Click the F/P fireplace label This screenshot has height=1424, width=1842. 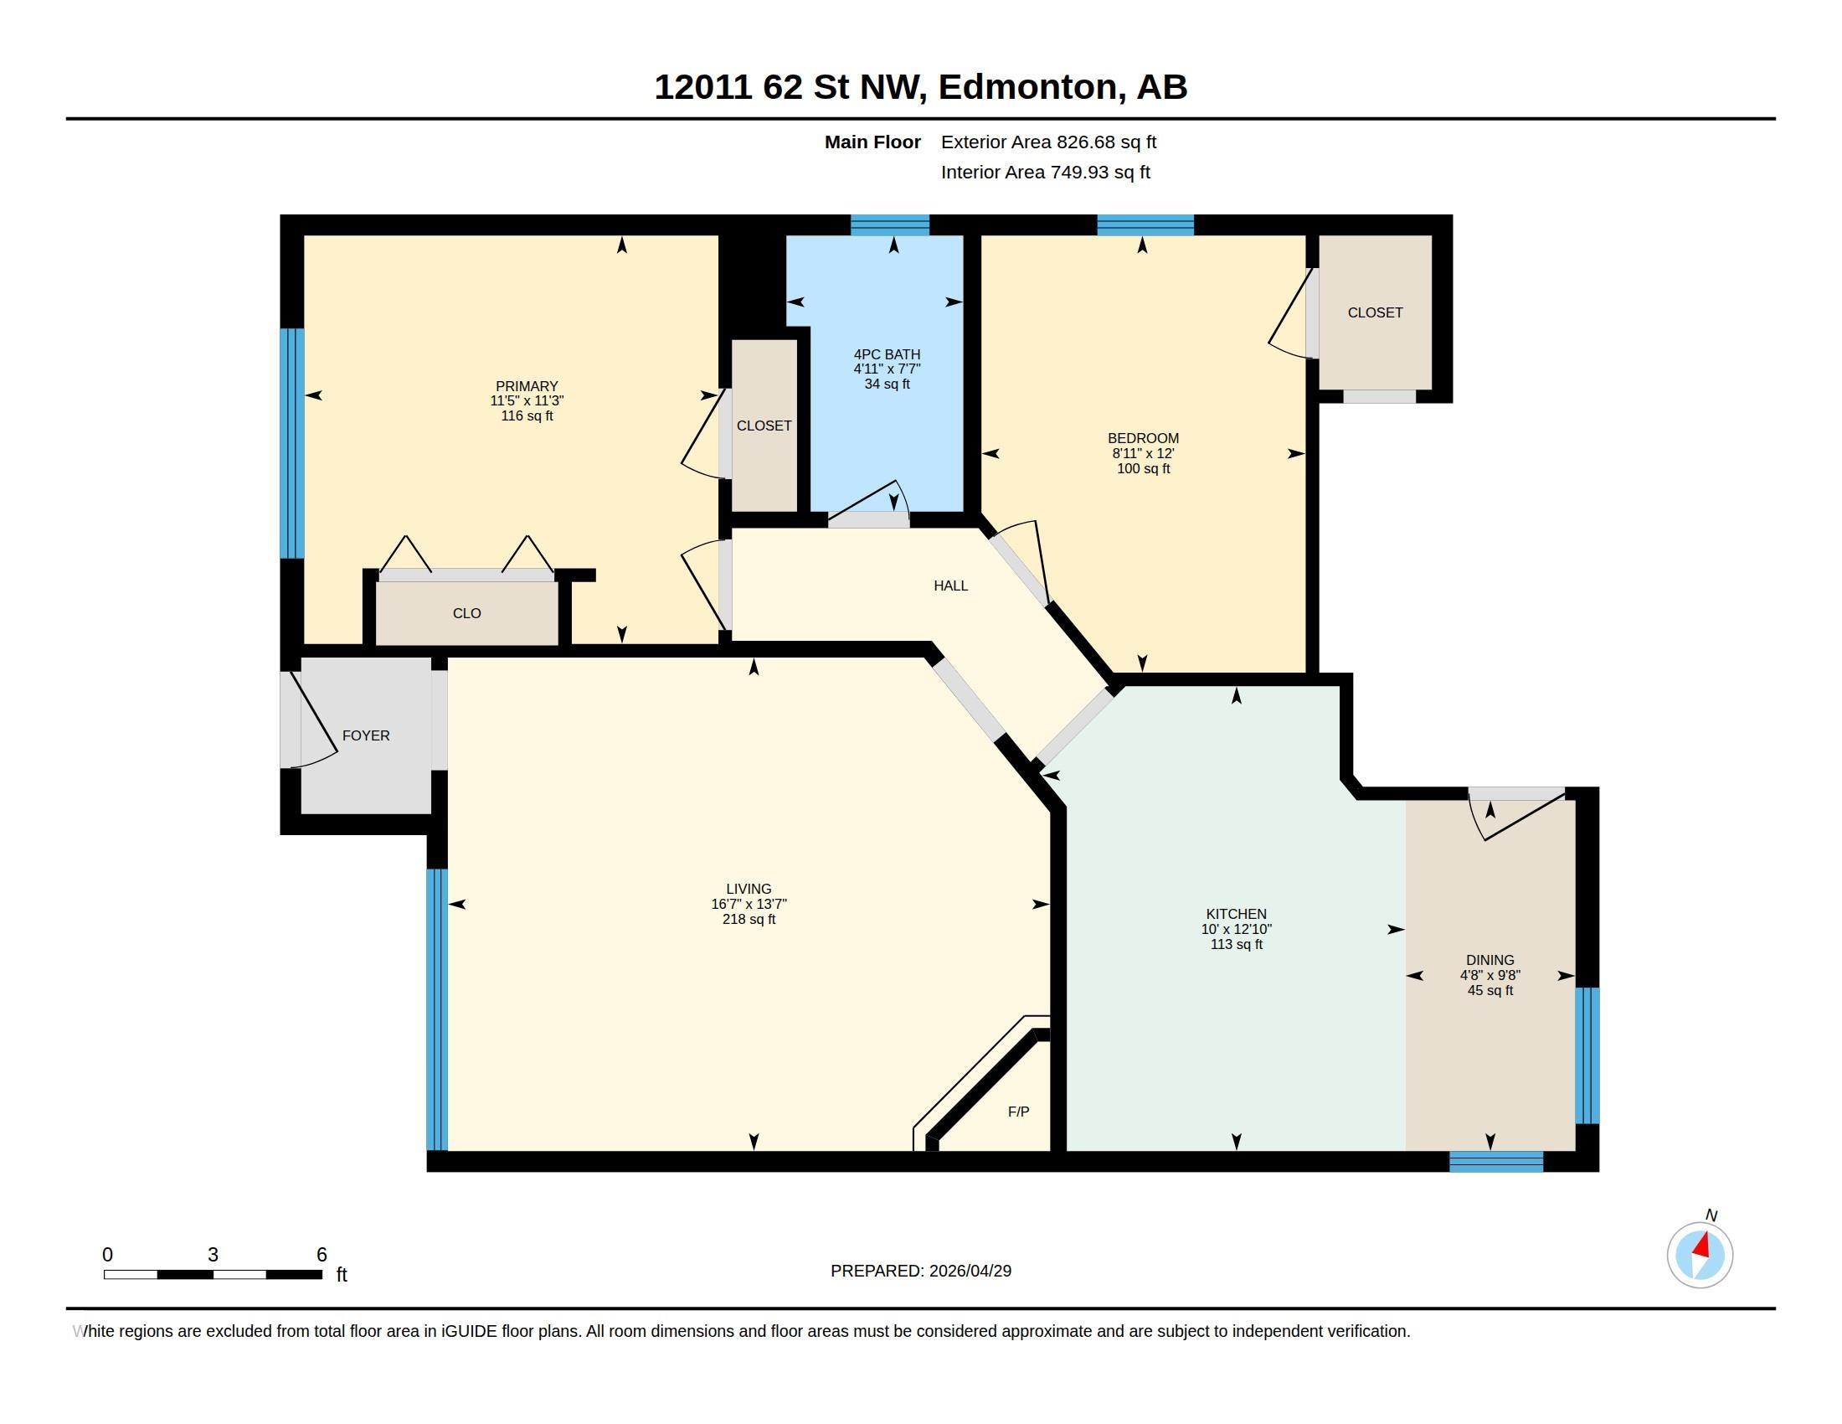[1018, 1112]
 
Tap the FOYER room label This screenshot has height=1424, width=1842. [366, 735]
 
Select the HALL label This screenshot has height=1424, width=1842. [950, 586]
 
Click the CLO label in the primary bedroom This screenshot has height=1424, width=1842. [466, 613]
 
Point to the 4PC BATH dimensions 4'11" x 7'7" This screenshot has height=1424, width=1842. [887, 369]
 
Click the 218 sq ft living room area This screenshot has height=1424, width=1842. [749, 919]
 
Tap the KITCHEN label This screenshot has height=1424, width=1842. [1237, 914]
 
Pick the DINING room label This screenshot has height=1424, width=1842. [1490, 960]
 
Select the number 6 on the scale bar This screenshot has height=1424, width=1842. [322, 1255]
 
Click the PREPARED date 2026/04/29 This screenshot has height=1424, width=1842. [970, 1271]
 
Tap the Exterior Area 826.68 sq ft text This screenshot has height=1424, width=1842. [1048, 142]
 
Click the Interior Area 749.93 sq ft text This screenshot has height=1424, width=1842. [1045, 172]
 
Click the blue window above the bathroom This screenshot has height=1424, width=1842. [890, 225]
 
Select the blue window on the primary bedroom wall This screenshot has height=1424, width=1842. [292, 443]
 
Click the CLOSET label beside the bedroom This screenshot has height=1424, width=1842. [1375, 313]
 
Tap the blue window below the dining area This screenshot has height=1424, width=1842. [1496, 1162]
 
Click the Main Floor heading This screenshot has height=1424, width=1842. [872, 142]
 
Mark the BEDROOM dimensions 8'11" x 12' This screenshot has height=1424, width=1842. [1143, 453]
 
